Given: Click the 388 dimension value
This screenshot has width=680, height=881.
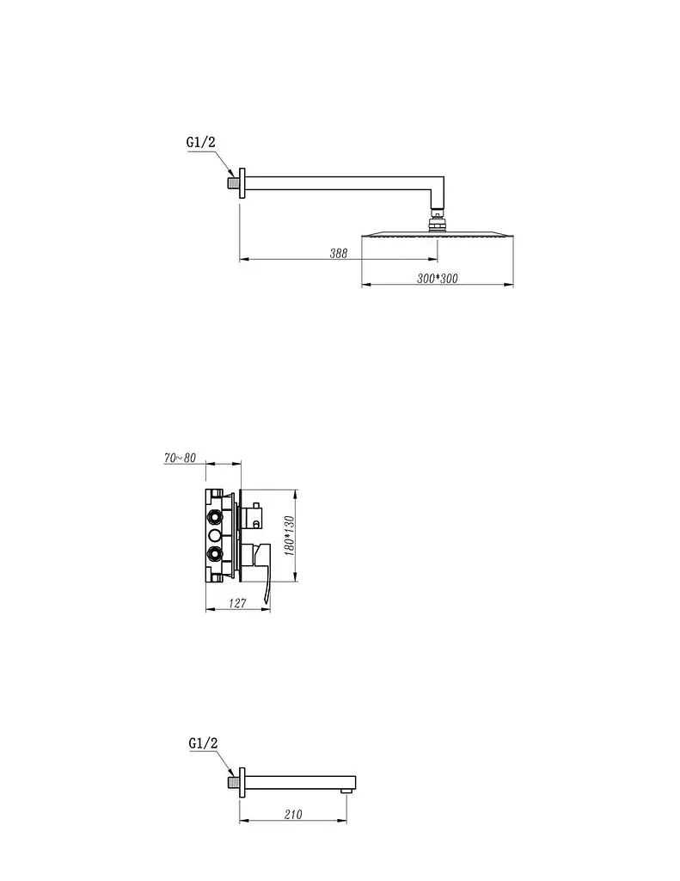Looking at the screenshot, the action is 338,254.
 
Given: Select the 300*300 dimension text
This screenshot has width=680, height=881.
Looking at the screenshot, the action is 437,278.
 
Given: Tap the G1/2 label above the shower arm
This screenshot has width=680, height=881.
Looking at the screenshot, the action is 200,142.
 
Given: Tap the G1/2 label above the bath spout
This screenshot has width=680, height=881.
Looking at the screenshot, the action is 203,743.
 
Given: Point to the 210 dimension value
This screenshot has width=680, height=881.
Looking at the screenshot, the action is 293,814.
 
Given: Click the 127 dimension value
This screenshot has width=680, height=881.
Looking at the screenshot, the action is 237,603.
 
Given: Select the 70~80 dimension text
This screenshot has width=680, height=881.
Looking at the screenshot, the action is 180,458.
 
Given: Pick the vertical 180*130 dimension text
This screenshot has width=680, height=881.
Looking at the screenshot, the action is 289,535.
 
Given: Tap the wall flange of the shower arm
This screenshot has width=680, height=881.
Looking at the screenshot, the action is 242,183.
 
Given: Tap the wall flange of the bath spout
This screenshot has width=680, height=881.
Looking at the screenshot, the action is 242,782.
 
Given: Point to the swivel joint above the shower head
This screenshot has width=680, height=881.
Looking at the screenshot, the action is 437,220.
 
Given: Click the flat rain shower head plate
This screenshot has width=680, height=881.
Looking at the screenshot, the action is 438,235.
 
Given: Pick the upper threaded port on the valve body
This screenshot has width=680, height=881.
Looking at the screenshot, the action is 215,516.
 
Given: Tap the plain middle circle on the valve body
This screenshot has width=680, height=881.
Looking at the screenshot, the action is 215,535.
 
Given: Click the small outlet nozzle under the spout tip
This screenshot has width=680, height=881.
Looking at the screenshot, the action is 346,792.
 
